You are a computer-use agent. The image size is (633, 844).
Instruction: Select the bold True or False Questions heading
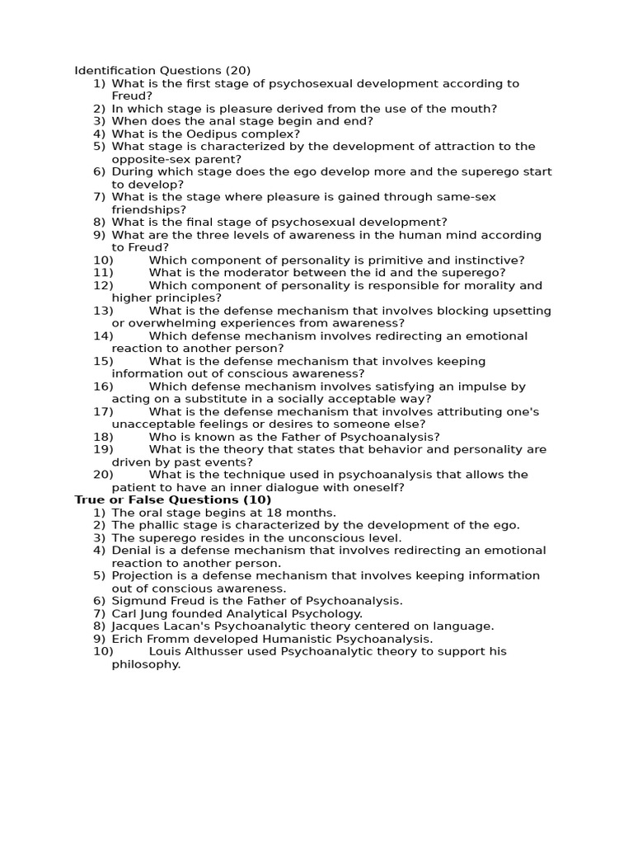(173, 499)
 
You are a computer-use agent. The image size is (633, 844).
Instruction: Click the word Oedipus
(186, 134)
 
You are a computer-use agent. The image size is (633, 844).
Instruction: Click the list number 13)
(103, 311)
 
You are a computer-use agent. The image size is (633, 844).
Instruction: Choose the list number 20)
(103, 475)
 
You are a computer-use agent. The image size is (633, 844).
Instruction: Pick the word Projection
(142, 575)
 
